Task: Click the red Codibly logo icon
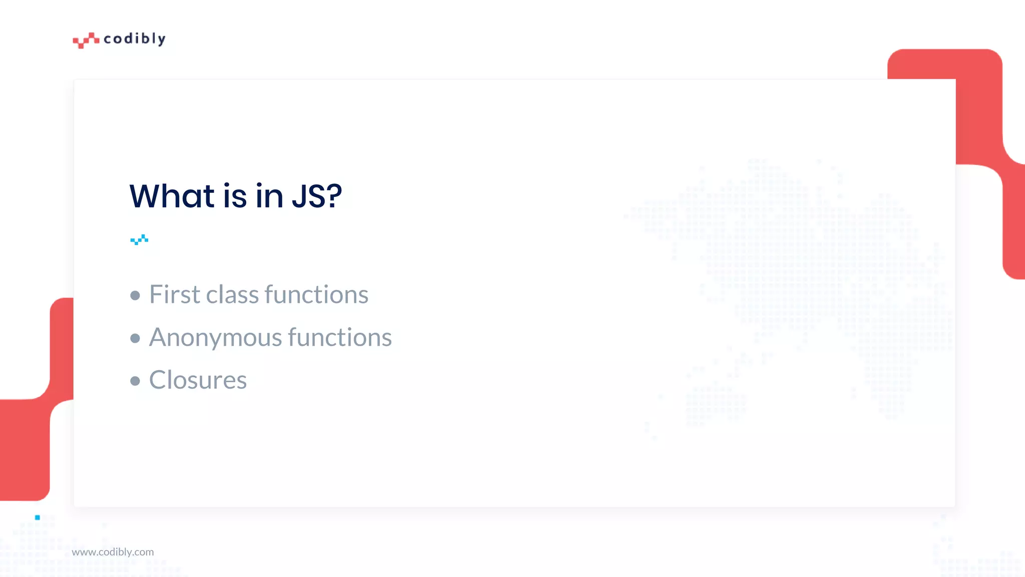click(86, 40)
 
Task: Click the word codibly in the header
click(134, 39)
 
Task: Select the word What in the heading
click(172, 196)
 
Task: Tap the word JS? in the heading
click(317, 196)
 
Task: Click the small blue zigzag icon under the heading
click(139, 239)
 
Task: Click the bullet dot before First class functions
click(135, 296)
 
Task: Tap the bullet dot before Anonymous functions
click(135, 339)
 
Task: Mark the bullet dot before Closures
click(135, 381)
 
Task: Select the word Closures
click(198, 380)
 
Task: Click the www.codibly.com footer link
click(113, 552)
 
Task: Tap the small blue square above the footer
click(38, 517)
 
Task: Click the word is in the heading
click(235, 196)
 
